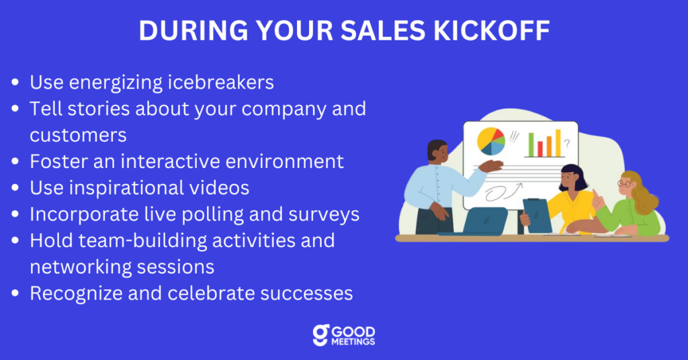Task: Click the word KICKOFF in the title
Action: point(491,30)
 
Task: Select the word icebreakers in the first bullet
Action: point(220,82)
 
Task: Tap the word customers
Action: point(78,135)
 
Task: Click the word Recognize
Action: point(76,294)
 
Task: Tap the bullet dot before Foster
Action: point(15,161)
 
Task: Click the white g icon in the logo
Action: point(320,335)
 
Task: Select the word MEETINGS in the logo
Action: point(353,342)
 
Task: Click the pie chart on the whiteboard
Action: point(491,141)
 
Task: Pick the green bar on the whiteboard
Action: point(531,144)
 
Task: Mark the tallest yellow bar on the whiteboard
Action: point(558,142)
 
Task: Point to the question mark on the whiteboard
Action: point(567,143)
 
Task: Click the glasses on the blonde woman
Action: point(624,184)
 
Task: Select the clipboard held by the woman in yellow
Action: point(538,216)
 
